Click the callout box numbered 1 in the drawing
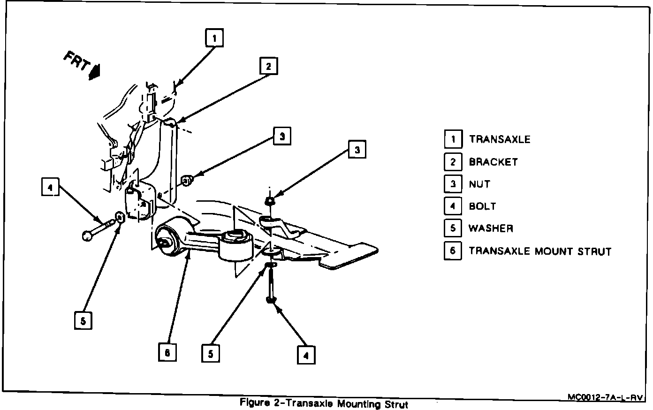coord(214,38)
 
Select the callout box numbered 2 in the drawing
coord(268,66)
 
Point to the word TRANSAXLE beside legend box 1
coord(500,139)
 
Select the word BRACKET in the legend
coord(493,162)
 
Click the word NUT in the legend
coord(479,184)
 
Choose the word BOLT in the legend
coord(482,206)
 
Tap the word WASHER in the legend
coord(491,228)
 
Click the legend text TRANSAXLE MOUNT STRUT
coord(540,251)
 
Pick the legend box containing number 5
coord(453,228)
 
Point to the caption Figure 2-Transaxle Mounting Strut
coord(324,403)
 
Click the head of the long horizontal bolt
coord(86,235)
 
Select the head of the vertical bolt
coord(271,299)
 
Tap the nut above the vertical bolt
coord(270,201)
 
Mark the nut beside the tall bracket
coord(186,180)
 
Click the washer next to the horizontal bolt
coord(119,218)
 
